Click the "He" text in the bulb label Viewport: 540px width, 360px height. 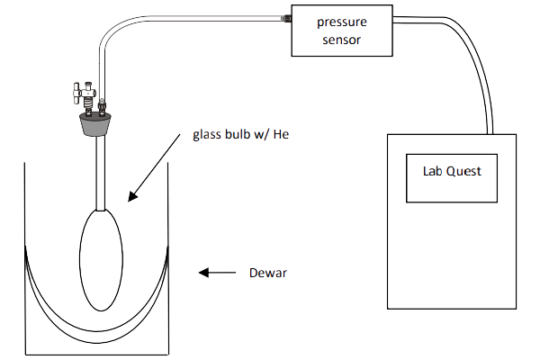coord(285,137)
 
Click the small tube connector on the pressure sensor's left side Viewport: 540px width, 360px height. coord(284,16)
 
